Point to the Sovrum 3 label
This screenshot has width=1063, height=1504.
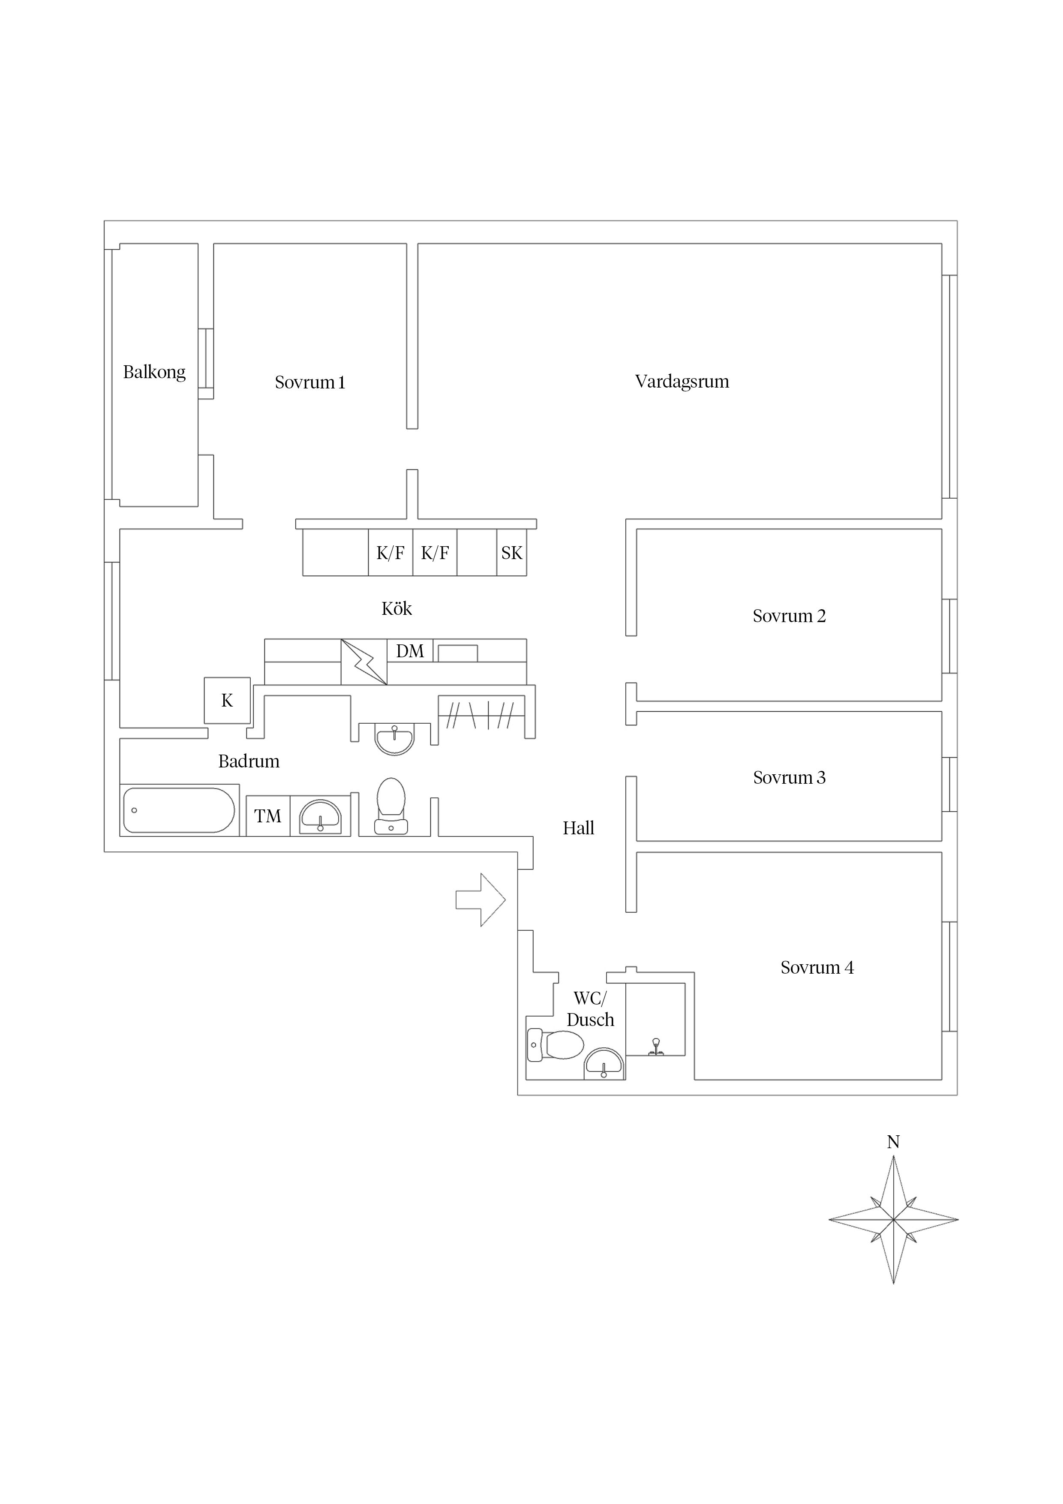click(789, 778)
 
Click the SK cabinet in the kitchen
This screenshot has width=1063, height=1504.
click(511, 553)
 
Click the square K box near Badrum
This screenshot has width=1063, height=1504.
click(227, 700)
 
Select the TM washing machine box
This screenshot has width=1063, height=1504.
click(268, 816)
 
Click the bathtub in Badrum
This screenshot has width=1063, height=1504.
click(179, 810)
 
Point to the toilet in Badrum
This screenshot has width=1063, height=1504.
click(391, 806)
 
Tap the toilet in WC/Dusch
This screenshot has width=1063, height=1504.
click(556, 1044)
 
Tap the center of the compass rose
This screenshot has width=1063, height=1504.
click(893, 1220)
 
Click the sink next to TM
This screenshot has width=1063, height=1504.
click(320, 817)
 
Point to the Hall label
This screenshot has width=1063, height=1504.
click(578, 828)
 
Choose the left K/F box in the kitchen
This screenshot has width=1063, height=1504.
click(390, 553)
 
